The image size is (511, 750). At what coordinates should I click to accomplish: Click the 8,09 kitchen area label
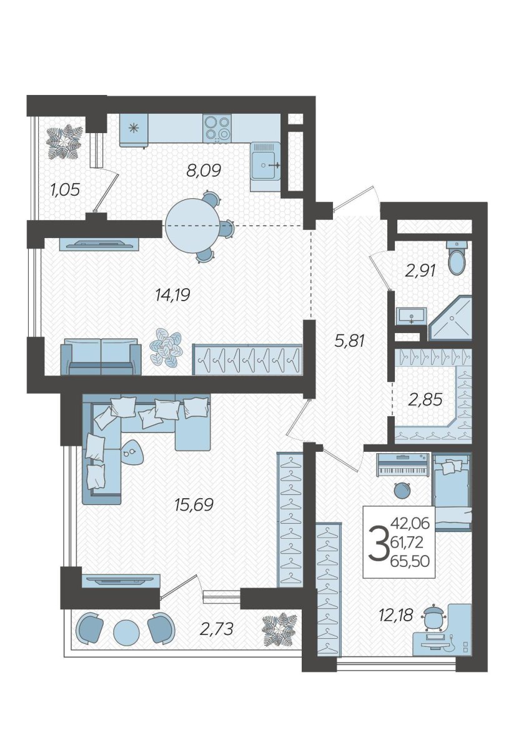(204, 171)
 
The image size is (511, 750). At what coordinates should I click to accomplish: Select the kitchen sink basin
(264, 165)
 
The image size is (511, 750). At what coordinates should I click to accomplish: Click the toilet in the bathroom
(457, 257)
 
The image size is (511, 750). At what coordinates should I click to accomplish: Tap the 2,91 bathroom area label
(420, 271)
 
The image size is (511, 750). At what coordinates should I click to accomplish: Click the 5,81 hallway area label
(349, 341)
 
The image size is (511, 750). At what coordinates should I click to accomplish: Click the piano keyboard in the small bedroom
(403, 465)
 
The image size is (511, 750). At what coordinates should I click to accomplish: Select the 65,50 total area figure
(410, 561)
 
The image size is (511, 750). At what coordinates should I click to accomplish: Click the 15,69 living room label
(194, 504)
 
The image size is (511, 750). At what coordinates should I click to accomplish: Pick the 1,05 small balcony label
(65, 190)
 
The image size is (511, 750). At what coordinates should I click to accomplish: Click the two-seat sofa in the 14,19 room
(101, 356)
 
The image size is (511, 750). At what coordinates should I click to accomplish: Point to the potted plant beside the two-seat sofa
(166, 348)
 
